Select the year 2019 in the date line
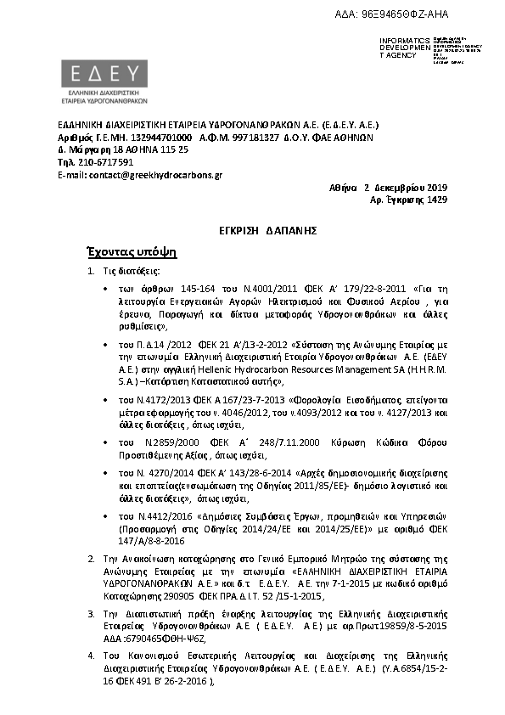(x=435, y=187)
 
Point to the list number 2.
(x=91, y=560)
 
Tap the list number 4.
(x=91, y=656)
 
